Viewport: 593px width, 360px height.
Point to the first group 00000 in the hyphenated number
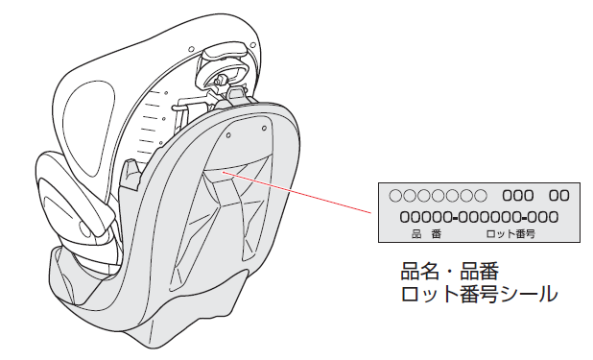(423, 217)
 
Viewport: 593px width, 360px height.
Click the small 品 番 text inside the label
(426, 234)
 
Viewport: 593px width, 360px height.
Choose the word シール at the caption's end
(530, 294)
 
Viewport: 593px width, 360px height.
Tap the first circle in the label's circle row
(395, 196)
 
